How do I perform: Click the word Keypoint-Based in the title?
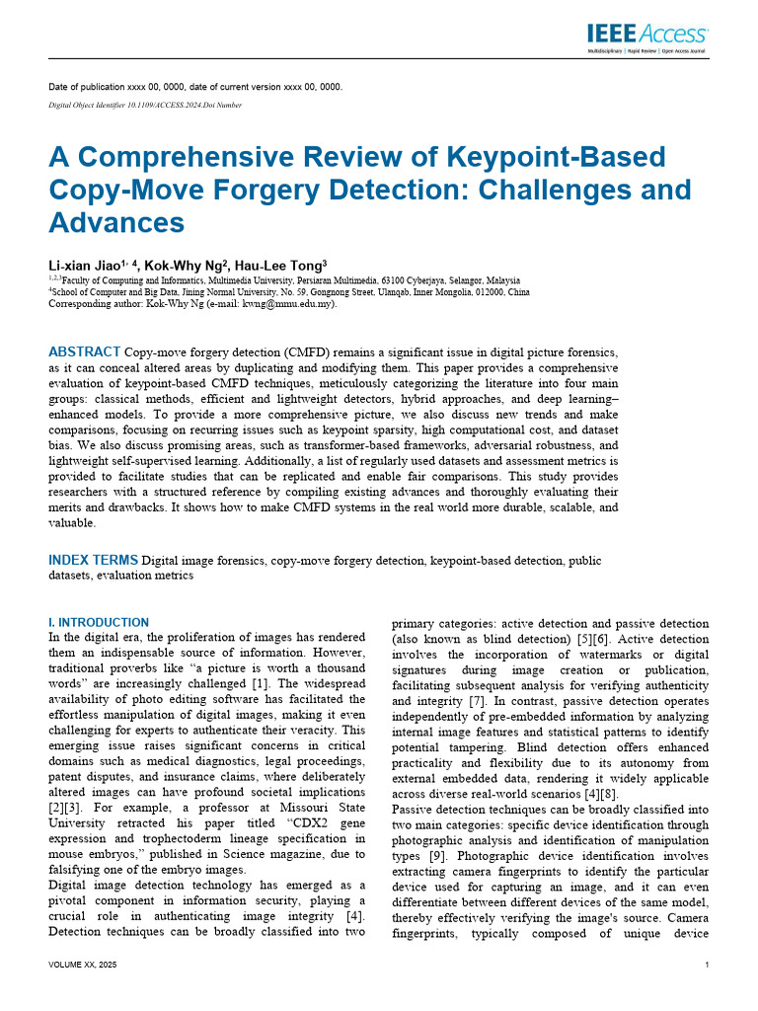click(557, 157)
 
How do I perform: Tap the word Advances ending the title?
click(116, 222)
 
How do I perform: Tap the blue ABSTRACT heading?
click(85, 351)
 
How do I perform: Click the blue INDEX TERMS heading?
click(95, 561)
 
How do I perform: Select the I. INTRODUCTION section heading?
click(99, 623)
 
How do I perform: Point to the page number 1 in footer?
click(707, 965)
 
